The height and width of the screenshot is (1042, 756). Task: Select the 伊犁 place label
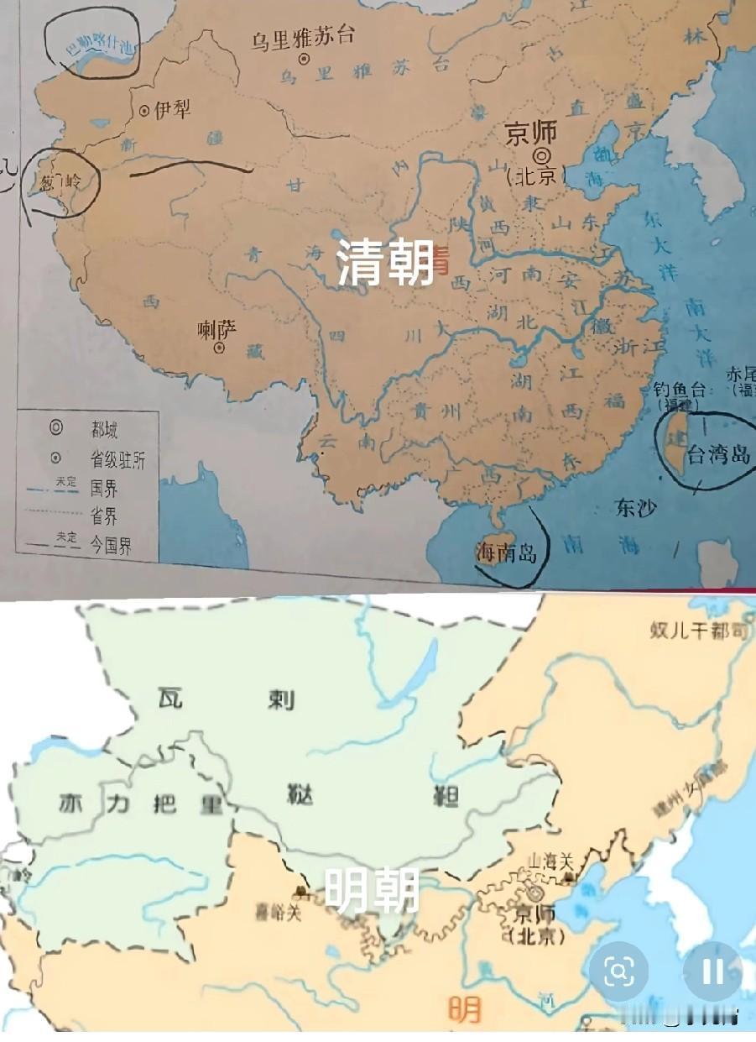point(172,109)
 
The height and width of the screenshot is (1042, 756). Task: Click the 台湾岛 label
point(717,454)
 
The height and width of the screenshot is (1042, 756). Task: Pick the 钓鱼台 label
point(680,390)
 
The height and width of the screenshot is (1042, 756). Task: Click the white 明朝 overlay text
point(372,891)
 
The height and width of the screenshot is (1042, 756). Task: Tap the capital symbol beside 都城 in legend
point(56,428)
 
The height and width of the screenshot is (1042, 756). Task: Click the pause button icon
point(712,971)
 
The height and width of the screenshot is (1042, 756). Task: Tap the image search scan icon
point(618,971)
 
